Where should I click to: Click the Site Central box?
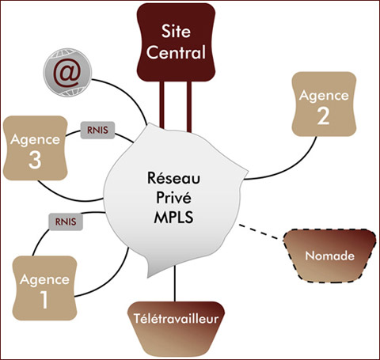tap(176, 42)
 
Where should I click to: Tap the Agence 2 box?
tap(324, 104)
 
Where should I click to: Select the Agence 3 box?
tap(36, 148)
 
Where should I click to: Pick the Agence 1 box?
tap(44, 288)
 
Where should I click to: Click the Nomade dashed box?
tap(329, 256)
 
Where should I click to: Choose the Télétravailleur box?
tap(176, 328)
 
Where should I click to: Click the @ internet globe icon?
tap(67, 72)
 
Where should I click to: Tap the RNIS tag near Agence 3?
tap(97, 130)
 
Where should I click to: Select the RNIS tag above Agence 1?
tap(66, 222)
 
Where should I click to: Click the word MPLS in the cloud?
tap(173, 218)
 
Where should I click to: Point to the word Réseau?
tap(173, 178)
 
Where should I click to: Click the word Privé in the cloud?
tap(173, 198)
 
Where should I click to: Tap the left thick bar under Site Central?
tap(161, 105)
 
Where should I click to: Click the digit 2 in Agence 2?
tap(324, 116)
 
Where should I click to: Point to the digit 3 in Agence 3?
tap(35, 160)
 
